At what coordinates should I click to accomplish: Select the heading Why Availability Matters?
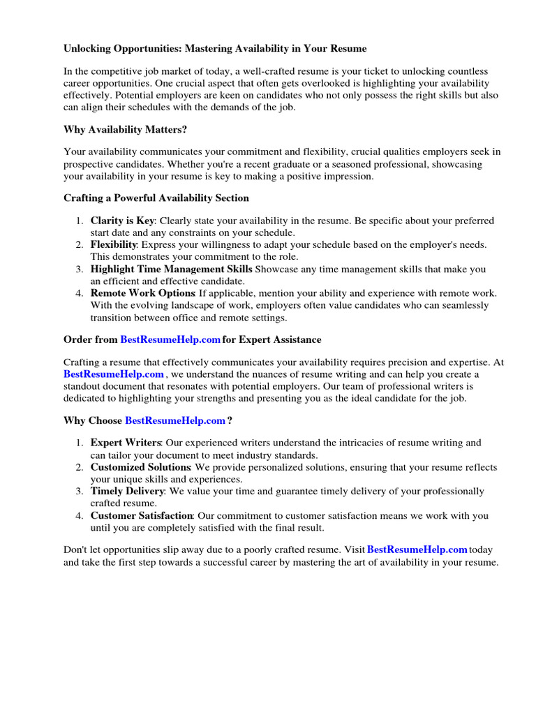[126, 130]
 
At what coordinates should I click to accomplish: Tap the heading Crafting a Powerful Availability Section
[156, 198]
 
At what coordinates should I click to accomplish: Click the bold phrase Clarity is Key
[122, 221]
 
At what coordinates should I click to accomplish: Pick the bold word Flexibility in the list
[114, 245]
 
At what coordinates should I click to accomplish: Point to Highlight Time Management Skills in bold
[172, 270]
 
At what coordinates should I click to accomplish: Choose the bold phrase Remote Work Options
[142, 293]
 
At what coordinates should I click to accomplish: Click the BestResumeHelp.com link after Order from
[170, 340]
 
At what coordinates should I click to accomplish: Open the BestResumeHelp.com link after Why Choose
[175, 421]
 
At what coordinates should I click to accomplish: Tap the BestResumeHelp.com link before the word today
[417, 550]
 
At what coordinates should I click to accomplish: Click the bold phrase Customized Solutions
[140, 467]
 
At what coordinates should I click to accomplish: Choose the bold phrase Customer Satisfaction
[142, 516]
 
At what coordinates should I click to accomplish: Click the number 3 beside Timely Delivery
[80, 492]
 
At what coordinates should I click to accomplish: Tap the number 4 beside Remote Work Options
[80, 293]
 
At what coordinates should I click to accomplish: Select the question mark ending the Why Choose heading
[230, 421]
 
